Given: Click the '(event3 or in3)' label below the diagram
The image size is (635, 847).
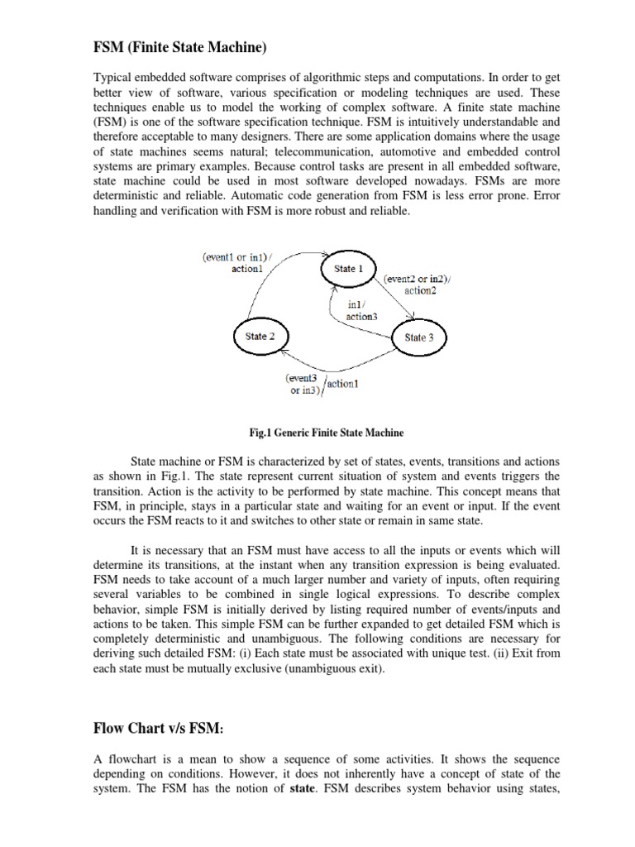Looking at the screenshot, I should pos(304,384).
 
